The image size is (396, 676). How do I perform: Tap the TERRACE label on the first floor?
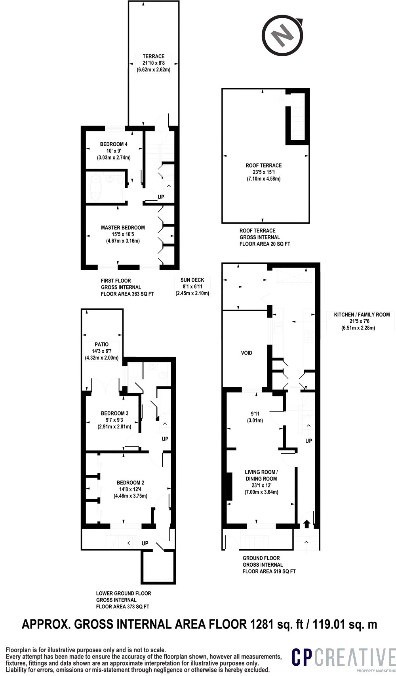(154, 57)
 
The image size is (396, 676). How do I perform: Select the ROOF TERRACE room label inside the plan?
(263, 166)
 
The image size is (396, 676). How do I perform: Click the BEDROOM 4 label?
(114, 144)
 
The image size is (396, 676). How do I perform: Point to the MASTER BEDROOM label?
(123, 228)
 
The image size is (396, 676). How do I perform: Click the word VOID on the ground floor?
(247, 353)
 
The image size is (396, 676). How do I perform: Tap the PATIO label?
(102, 345)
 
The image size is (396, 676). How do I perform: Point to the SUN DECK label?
(192, 280)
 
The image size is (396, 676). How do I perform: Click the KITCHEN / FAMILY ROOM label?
(362, 315)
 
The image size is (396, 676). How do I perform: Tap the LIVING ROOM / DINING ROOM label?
(261, 475)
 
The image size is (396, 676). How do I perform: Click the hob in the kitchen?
(309, 335)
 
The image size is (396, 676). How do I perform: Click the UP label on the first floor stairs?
(161, 197)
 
